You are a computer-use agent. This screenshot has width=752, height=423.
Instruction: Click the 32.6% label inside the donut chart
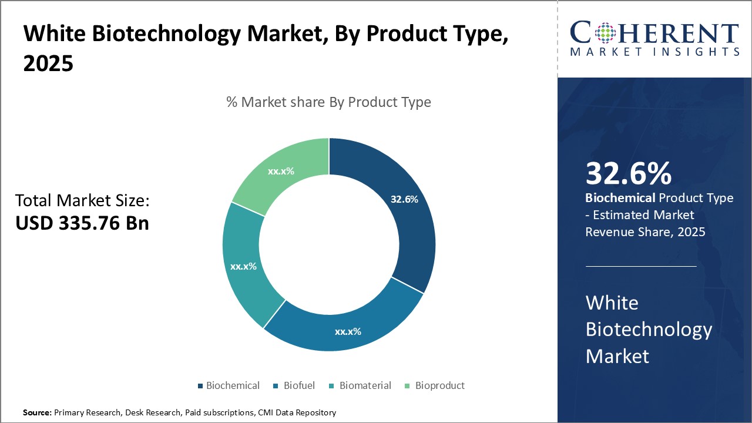click(404, 199)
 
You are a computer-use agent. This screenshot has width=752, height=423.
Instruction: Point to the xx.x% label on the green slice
click(281, 172)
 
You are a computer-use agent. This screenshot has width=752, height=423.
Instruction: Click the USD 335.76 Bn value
click(82, 223)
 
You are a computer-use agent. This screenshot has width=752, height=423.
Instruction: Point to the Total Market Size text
click(82, 201)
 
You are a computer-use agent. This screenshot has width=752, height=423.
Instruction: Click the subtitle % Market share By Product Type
click(328, 102)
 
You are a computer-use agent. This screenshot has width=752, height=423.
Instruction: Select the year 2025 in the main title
click(48, 64)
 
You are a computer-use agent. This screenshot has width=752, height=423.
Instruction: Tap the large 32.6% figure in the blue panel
click(628, 173)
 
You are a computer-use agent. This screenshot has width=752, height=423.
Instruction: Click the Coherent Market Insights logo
click(654, 38)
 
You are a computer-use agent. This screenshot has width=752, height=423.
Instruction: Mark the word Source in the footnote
click(37, 413)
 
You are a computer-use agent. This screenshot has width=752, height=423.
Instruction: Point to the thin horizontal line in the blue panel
click(641, 266)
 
